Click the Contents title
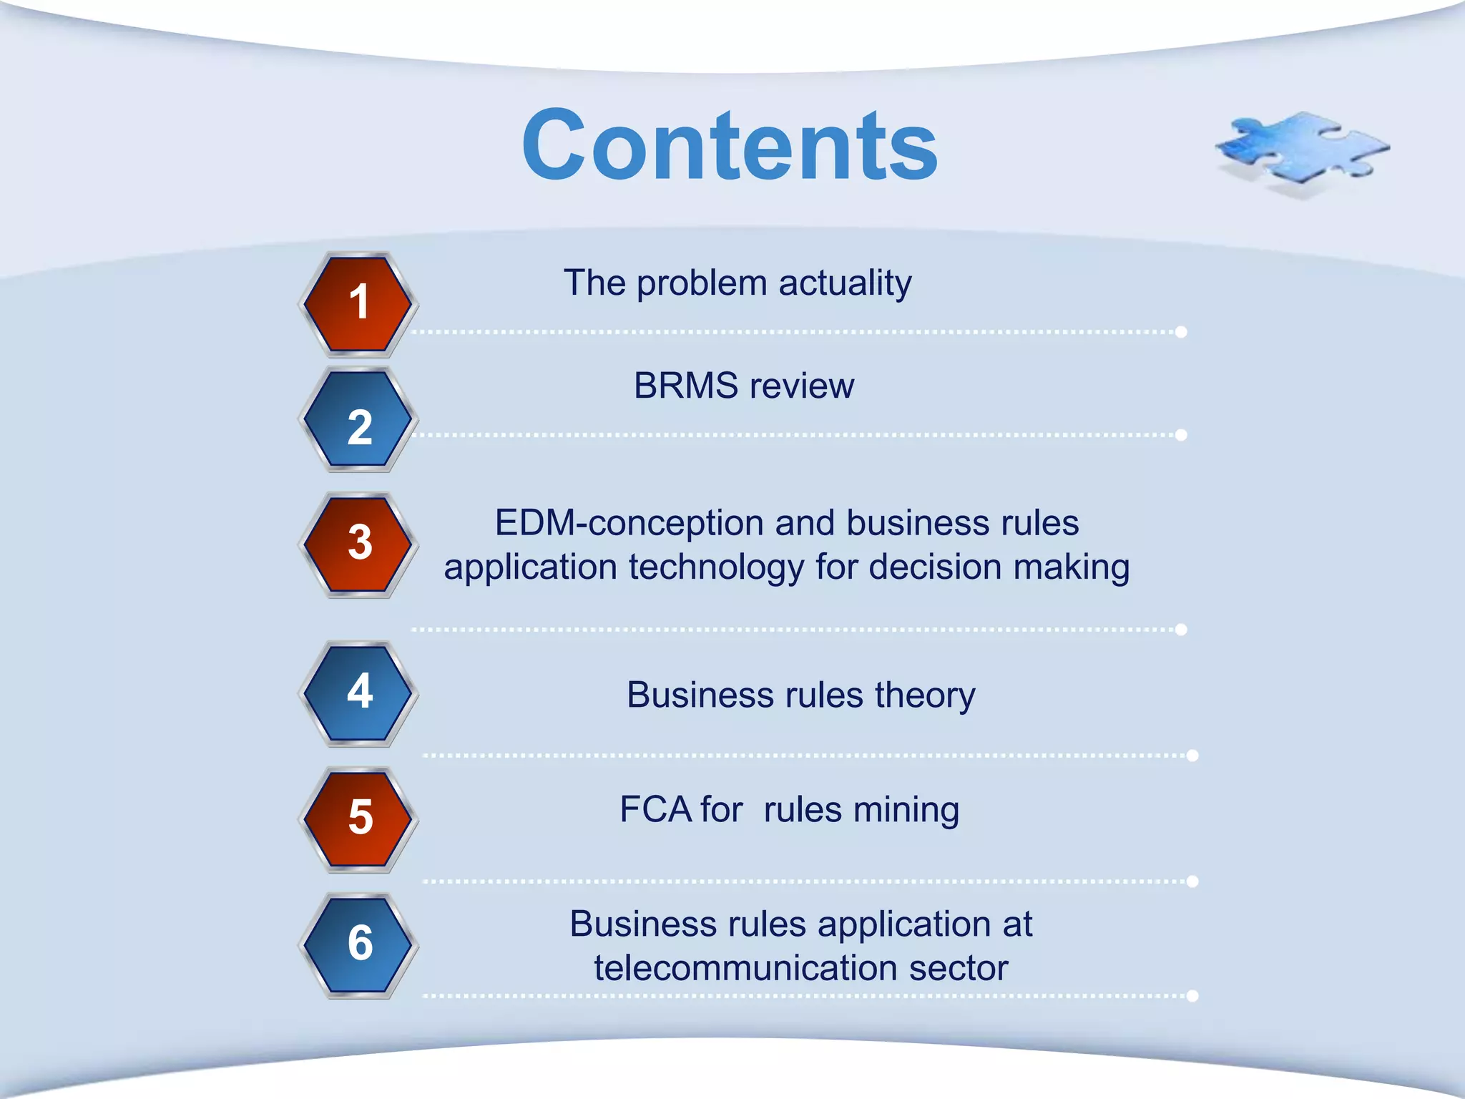pos(730,145)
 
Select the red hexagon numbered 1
pos(358,304)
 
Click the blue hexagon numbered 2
pos(358,419)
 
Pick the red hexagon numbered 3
pos(358,544)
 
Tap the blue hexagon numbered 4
pos(358,693)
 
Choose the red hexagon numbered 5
pos(358,819)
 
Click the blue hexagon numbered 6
pos(358,945)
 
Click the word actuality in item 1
pos(845,283)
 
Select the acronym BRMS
pos(686,386)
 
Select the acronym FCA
pos(656,810)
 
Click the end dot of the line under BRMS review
pos(1181,435)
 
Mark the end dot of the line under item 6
pos(1192,996)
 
